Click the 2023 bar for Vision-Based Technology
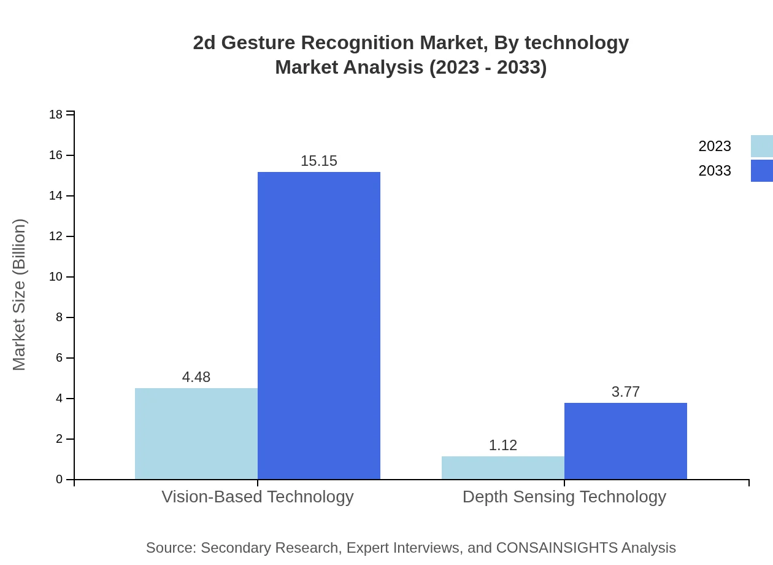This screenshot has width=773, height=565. pyautogui.click(x=196, y=434)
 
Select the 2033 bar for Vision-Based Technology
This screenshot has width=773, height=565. pyautogui.click(x=319, y=325)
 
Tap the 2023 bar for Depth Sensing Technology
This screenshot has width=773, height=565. pyautogui.click(x=503, y=467)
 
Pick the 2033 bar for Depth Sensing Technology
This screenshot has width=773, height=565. pyautogui.click(x=626, y=441)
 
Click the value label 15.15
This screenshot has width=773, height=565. pyautogui.click(x=319, y=161)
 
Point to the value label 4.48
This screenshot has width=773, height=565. pyautogui.click(x=196, y=377)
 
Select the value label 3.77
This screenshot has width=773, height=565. pyautogui.click(x=626, y=392)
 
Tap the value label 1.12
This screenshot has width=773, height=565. pyautogui.click(x=503, y=445)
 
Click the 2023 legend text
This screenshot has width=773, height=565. pyautogui.click(x=715, y=146)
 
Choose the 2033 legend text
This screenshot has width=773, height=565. pyautogui.click(x=715, y=171)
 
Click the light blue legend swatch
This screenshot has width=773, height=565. pyautogui.click(x=762, y=146)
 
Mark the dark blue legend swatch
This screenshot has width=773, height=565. pyautogui.click(x=762, y=171)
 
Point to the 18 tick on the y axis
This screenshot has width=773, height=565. pyautogui.click(x=56, y=114)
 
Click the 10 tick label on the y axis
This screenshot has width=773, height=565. pyautogui.click(x=56, y=277)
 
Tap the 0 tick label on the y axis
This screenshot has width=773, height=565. pyautogui.click(x=60, y=480)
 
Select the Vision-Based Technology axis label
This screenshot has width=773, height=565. pyautogui.click(x=258, y=496)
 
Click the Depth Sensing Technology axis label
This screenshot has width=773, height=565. pyautogui.click(x=564, y=496)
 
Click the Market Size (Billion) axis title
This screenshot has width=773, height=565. pyautogui.click(x=19, y=295)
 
